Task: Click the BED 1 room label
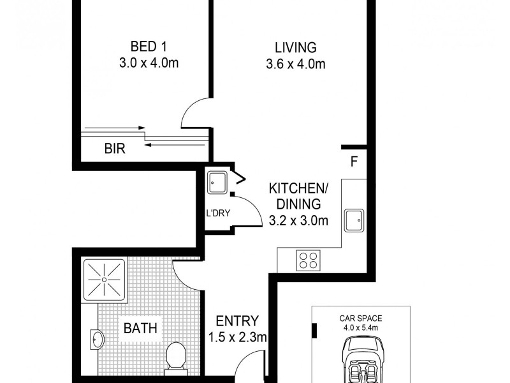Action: (x=143, y=47)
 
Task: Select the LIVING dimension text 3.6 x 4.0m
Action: (x=296, y=64)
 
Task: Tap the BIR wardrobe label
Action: (x=114, y=149)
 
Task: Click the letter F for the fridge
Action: (x=353, y=161)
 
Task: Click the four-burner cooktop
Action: (x=309, y=260)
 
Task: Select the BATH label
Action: (x=141, y=329)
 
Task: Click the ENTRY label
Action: (x=237, y=321)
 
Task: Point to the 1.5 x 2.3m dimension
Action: (x=237, y=337)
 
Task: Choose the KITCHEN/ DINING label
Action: (x=298, y=197)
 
